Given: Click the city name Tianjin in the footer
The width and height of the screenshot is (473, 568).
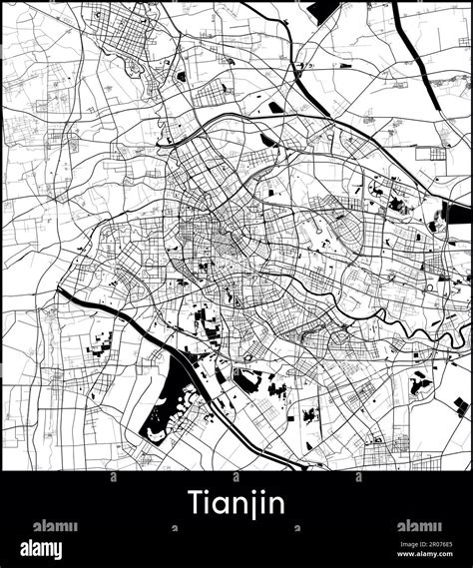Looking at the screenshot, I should pyautogui.click(x=236, y=502).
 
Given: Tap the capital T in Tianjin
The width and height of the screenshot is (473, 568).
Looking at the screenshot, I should pyautogui.click(x=195, y=501).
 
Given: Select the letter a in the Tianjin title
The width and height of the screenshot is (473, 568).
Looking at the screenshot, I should pyautogui.click(x=221, y=503).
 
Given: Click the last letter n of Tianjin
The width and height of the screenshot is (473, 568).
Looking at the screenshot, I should pyautogui.click(x=276, y=503).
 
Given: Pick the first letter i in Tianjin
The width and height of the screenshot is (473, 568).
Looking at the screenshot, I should pyautogui.click(x=209, y=501).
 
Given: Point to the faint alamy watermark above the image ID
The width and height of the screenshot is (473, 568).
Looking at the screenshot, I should pyautogui.click(x=419, y=526).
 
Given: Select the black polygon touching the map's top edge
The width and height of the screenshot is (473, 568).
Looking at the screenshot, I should pyautogui.click(x=327, y=10).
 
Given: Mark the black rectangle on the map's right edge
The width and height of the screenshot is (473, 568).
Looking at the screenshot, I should pyautogui.click(x=458, y=211).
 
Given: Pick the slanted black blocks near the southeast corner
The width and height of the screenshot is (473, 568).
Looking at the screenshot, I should pyautogui.click(x=459, y=406).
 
